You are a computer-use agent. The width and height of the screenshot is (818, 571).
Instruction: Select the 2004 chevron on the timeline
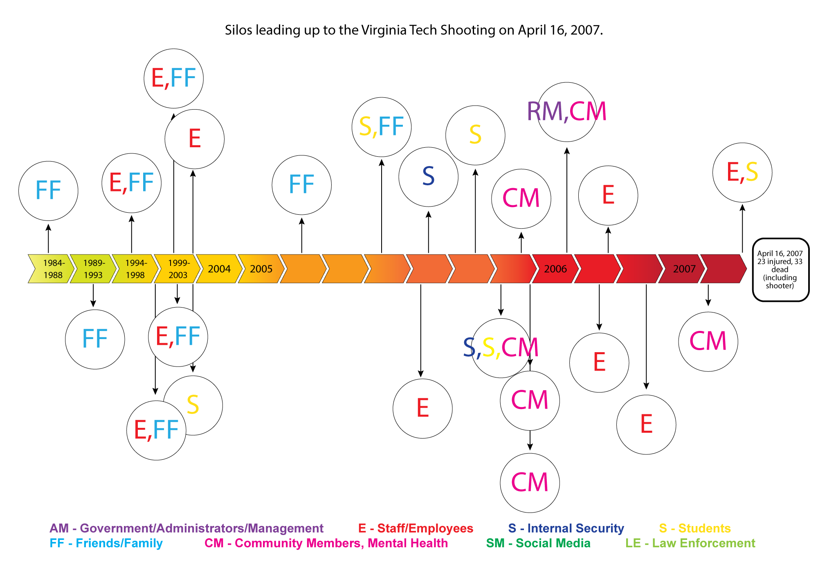tap(219, 269)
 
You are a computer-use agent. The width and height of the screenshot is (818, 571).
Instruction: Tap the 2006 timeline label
tap(555, 269)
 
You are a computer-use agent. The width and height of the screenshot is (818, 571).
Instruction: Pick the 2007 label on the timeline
tap(684, 269)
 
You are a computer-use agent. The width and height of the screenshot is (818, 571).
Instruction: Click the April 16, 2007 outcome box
tap(780, 270)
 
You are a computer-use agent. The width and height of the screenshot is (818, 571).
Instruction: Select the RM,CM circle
tap(567, 112)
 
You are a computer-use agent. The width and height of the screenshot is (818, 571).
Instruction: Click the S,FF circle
tap(382, 127)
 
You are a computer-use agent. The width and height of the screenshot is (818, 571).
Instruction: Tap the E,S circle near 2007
tap(742, 172)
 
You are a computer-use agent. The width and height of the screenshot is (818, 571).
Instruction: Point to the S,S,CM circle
tap(501, 348)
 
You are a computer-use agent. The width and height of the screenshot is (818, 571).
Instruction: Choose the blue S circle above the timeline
tap(428, 177)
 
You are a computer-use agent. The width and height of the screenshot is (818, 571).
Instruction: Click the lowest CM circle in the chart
tap(530, 483)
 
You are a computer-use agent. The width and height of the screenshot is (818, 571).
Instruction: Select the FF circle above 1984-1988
tap(48, 191)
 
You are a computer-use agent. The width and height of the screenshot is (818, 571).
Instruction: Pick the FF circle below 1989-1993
tap(95, 339)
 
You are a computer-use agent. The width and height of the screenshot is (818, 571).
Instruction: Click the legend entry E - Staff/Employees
tap(416, 528)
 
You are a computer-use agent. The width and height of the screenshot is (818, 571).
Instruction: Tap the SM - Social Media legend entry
tap(538, 543)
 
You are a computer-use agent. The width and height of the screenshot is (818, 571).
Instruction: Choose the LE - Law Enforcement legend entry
tap(690, 543)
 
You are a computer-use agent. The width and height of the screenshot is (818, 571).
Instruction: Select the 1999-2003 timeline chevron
tap(178, 269)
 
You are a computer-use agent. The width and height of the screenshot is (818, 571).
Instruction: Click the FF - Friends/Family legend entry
tap(106, 543)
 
